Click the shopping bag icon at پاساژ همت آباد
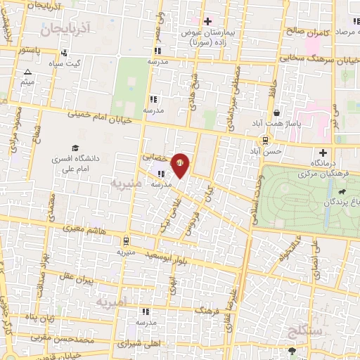[x=277, y=112]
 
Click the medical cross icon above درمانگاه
[x=323, y=153]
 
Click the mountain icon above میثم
[x=28, y=72]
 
